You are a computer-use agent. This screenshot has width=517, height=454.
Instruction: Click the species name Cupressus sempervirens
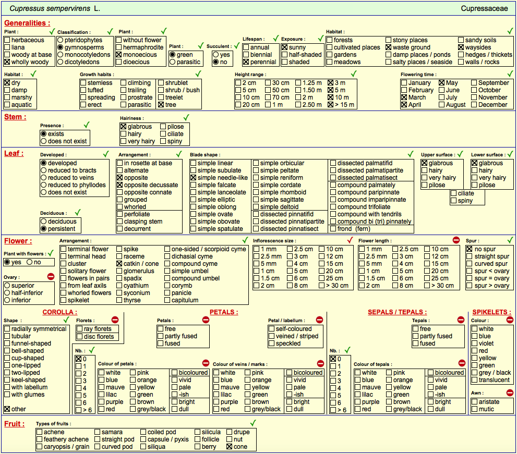pos(50,8)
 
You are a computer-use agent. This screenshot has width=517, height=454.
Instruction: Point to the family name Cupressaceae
pos(484,8)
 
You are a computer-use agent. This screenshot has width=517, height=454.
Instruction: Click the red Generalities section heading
pos(27,23)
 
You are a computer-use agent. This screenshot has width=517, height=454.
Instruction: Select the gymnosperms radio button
pos(61,47)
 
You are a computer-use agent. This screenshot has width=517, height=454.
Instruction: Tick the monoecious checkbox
pos(119,55)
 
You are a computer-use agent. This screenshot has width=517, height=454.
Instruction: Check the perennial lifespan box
pos(246,62)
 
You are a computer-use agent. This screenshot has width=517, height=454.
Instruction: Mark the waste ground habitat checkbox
pos(389,47)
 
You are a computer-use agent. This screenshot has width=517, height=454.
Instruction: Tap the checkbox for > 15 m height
pos(331,105)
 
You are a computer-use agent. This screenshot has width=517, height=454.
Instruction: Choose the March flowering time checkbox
pos(404,97)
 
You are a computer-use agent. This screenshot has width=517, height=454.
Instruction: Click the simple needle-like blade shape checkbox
pos(194,178)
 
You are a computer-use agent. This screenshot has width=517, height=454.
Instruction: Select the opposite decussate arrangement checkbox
pos(120,185)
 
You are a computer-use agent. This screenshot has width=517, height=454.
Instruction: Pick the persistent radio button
pos(44,229)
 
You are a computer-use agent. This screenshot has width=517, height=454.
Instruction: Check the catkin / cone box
pos(119,264)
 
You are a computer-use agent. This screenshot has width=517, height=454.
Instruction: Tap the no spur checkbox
pos(470,249)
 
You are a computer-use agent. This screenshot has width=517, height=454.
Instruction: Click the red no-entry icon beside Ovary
pos(51,276)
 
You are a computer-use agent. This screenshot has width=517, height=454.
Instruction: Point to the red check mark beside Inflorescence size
pos(350,240)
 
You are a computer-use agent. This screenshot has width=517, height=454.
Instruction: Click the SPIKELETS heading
pos(491,312)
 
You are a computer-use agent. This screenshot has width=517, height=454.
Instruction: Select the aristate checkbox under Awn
pos(474,401)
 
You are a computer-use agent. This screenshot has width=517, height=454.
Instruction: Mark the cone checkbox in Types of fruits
pos(230,447)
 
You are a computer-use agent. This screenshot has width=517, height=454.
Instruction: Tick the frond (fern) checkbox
pos(333,229)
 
